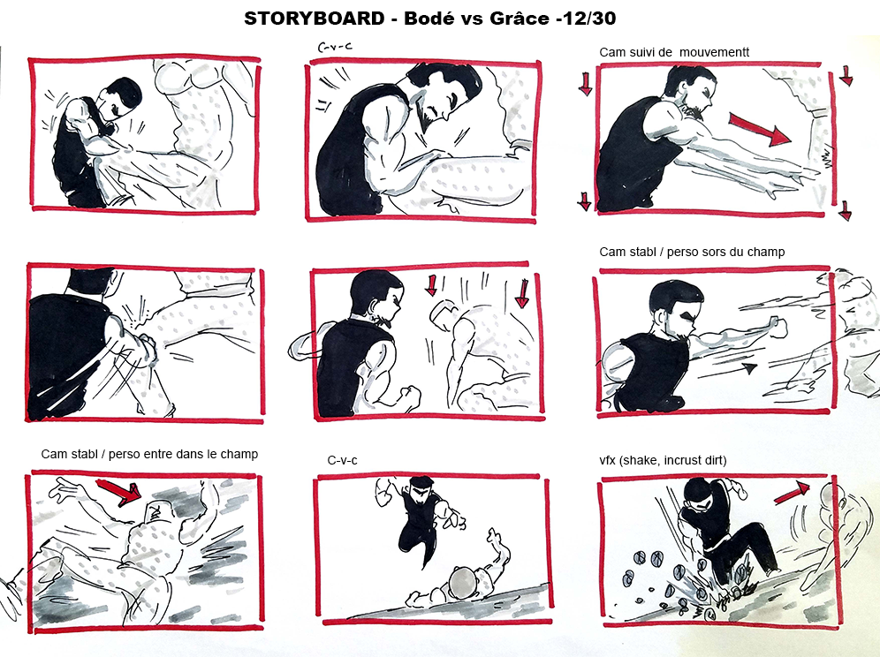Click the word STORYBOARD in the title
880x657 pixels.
(315, 19)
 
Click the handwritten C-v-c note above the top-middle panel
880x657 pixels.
(335, 48)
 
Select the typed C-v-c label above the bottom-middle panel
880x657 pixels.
(342, 461)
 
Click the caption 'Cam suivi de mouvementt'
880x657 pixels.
(674, 52)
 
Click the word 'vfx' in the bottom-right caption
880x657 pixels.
(607, 461)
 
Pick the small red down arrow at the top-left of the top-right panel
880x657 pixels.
(586, 83)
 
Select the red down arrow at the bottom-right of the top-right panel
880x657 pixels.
(845, 211)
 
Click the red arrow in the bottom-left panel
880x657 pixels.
(118, 492)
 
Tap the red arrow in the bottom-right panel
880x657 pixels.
(793, 492)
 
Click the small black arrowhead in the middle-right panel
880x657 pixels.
(748, 368)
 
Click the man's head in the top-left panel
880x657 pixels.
(119, 99)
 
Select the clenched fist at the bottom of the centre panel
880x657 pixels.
(407, 396)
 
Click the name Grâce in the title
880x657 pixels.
(520, 19)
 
